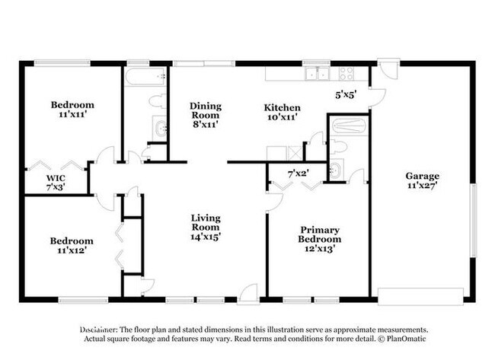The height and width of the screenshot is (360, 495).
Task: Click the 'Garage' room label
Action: (421, 176)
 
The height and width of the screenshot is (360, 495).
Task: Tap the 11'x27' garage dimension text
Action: (421, 186)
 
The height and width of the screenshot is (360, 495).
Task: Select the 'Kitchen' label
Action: (282, 107)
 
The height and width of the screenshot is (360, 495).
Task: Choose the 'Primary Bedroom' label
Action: (318, 234)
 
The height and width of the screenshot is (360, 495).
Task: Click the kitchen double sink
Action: (317, 74)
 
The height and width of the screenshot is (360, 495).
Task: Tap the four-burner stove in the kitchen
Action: (346, 74)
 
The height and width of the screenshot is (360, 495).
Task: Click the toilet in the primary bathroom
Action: (340, 145)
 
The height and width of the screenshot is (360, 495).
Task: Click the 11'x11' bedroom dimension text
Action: (72, 116)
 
